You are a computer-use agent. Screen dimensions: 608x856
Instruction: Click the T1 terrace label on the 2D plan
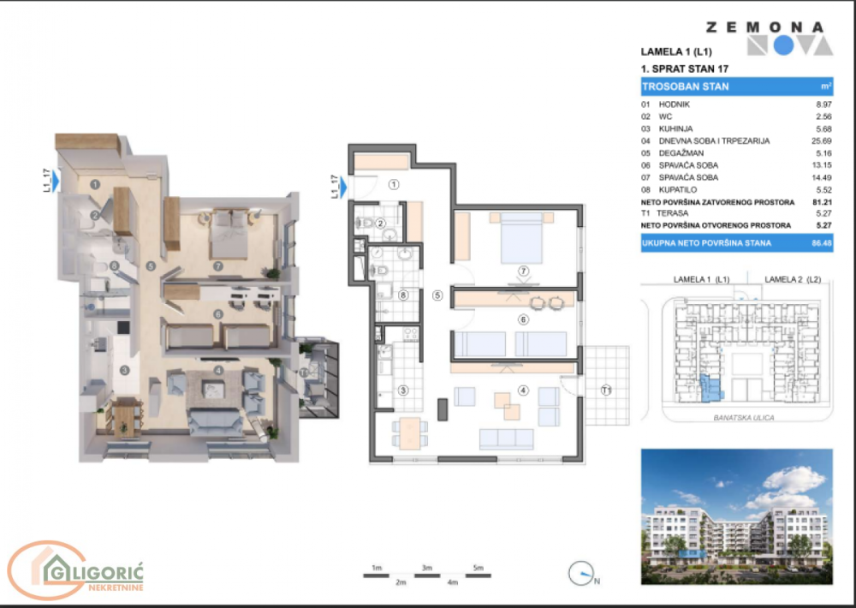pos(606,391)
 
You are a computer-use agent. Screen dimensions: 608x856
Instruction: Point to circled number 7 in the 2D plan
pos(524,271)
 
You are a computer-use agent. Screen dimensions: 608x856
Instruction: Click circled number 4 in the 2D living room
pos(523,391)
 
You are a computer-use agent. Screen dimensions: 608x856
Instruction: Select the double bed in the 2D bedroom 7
pos(520,237)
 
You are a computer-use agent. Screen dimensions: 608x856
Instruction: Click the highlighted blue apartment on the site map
pos(707,389)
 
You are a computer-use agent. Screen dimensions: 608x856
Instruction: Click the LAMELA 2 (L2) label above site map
pos(793,279)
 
